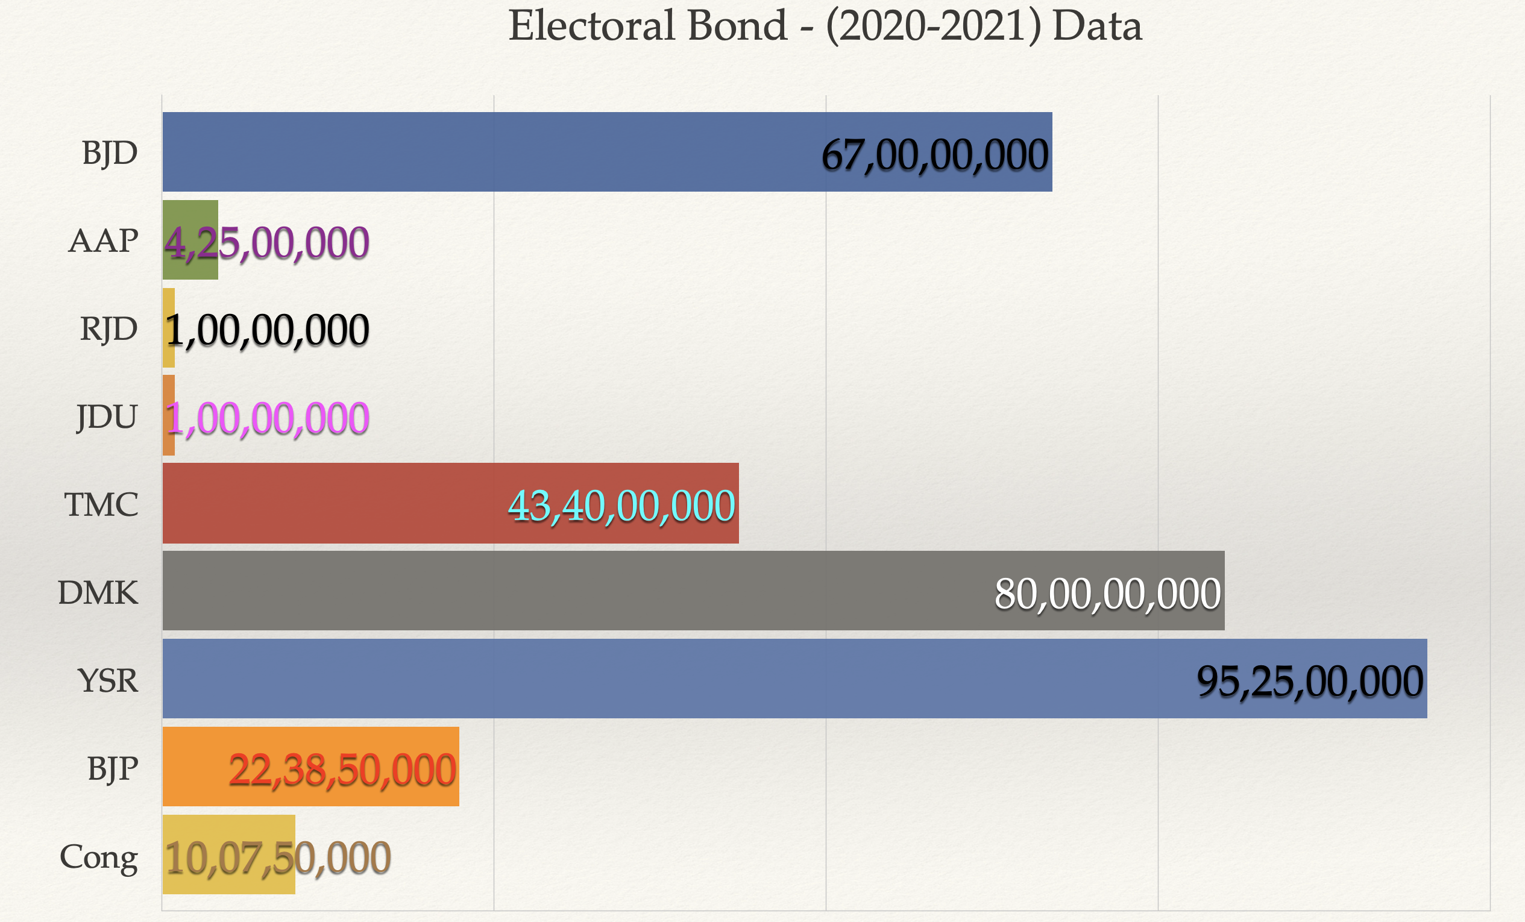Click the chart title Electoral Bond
[x=825, y=26]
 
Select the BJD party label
[x=110, y=152]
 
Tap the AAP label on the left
[x=103, y=240]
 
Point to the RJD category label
[x=108, y=328]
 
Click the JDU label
[x=107, y=416]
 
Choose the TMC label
[x=101, y=504]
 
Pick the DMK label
[x=98, y=592]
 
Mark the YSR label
[x=108, y=680]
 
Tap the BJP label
[x=112, y=768]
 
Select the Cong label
[x=98, y=857]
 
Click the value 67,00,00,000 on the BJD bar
[x=934, y=154]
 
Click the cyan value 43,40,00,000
[x=621, y=506]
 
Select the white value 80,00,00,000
[x=1107, y=594]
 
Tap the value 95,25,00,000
[x=1310, y=682]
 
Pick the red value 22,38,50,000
[x=342, y=770]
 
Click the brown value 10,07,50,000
[x=278, y=858]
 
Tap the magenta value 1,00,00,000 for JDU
[x=268, y=418]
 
